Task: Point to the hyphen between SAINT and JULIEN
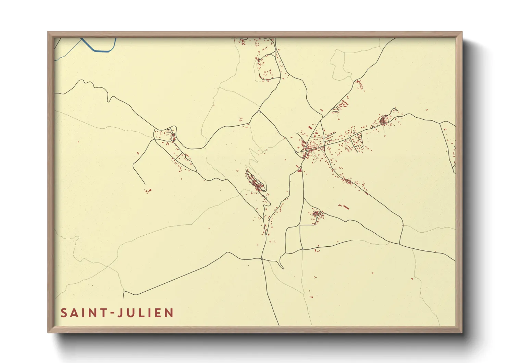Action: pyautogui.click(x=111, y=313)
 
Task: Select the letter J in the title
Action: pyautogui.click(x=120, y=313)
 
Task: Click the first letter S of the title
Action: pyautogui.click(x=64, y=313)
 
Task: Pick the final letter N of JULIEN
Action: pyautogui.click(x=170, y=313)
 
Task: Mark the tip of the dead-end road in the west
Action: pyautogui.click(x=145, y=185)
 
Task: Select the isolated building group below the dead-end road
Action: pyautogui.click(x=148, y=190)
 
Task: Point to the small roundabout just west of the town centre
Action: pyautogui.click(x=296, y=152)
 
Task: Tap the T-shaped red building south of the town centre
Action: pyautogui.click(x=300, y=169)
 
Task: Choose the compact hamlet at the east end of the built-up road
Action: pyautogui.click(x=384, y=120)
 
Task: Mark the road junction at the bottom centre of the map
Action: pyautogui.click(x=262, y=259)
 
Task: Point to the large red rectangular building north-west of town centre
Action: pyautogui.click(x=310, y=128)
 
